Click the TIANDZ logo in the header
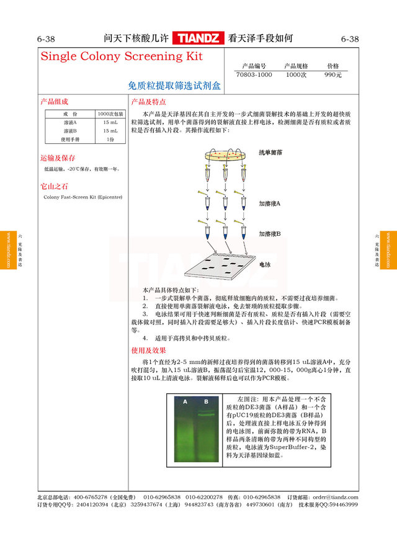pyautogui.click(x=199, y=38)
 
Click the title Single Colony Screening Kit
pyautogui.click(x=122, y=56)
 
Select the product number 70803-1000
pyautogui.click(x=254, y=74)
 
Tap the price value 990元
pyautogui.click(x=333, y=74)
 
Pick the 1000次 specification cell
pyautogui.click(x=296, y=74)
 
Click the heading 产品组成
pyautogui.click(x=54, y=102)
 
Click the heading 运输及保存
pyautogui.click(x=58, y=158)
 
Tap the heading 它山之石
pyautogui.click(x=54, y=186)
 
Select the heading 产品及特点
pyautogui.click(x=148, y=102)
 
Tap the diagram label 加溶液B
pyautogui.click(x=270, y=234)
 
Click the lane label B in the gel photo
pyautogui.click(x=207, y=402)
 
